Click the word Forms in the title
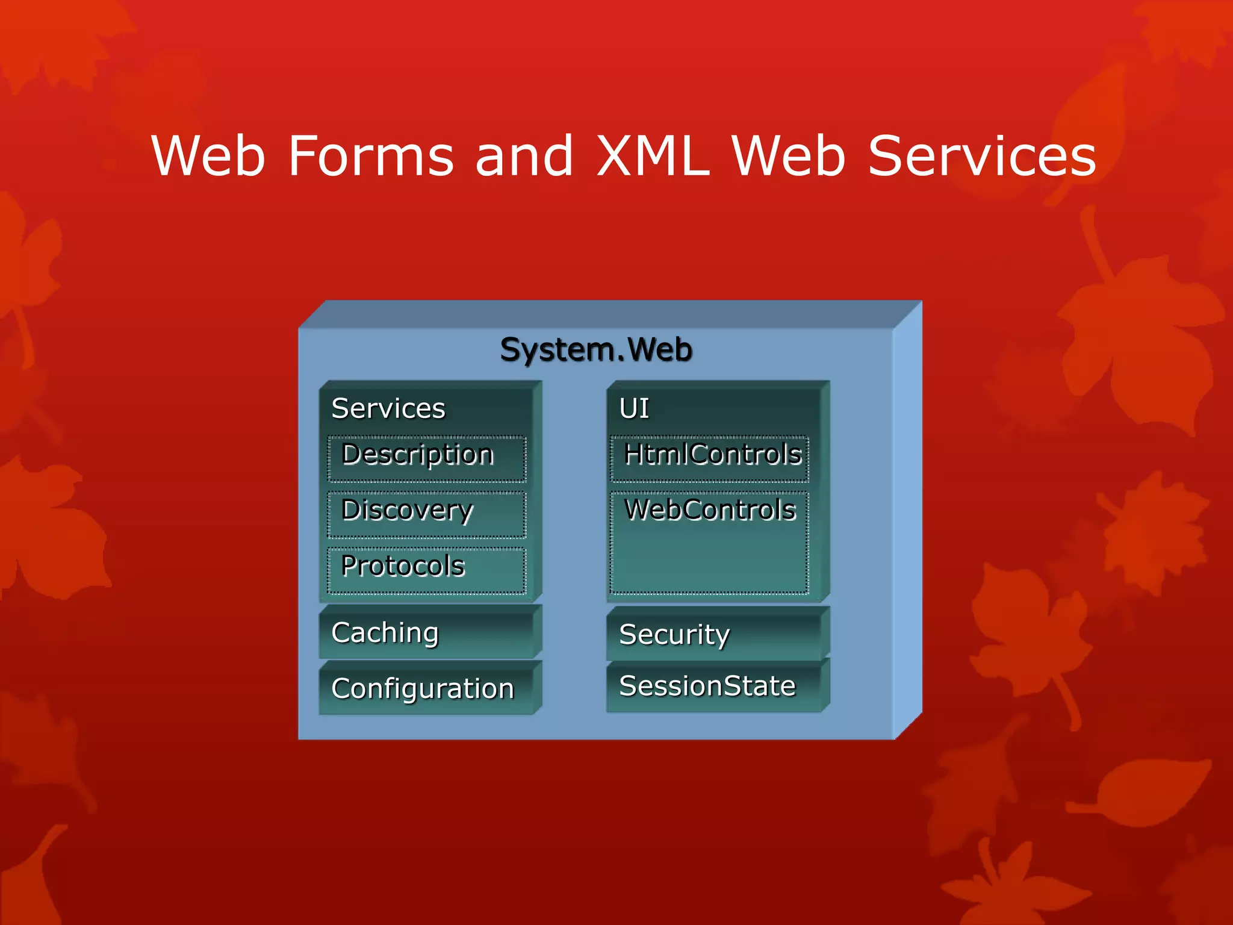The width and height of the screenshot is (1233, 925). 371,157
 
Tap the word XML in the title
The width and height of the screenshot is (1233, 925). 653,157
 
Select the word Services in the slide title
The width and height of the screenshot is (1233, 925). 981,157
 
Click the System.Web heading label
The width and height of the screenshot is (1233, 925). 596,350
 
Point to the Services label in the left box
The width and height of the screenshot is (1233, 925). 388,408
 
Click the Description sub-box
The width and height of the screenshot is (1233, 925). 426,459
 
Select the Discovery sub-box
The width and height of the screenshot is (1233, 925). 426,514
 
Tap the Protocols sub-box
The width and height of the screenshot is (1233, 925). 426,570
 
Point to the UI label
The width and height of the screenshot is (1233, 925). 634,408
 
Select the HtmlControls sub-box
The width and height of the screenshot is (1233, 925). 709,459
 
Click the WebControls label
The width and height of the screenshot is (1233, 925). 709,509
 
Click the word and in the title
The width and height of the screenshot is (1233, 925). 524,157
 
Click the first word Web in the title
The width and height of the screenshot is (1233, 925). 208,157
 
